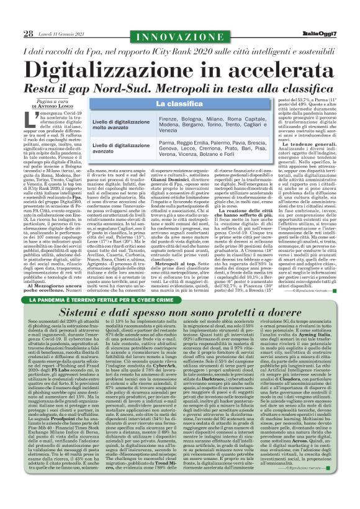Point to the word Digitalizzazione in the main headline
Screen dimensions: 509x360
click(115, 66)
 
